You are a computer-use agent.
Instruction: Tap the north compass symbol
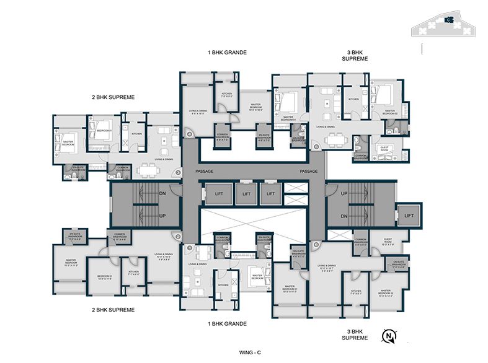coord(389,337)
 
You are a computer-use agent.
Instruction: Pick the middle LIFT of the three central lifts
coord(246,194)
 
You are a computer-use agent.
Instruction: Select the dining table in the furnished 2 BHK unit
coord(146,168)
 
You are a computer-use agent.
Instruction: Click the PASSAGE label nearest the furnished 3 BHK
coord(309,172)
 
